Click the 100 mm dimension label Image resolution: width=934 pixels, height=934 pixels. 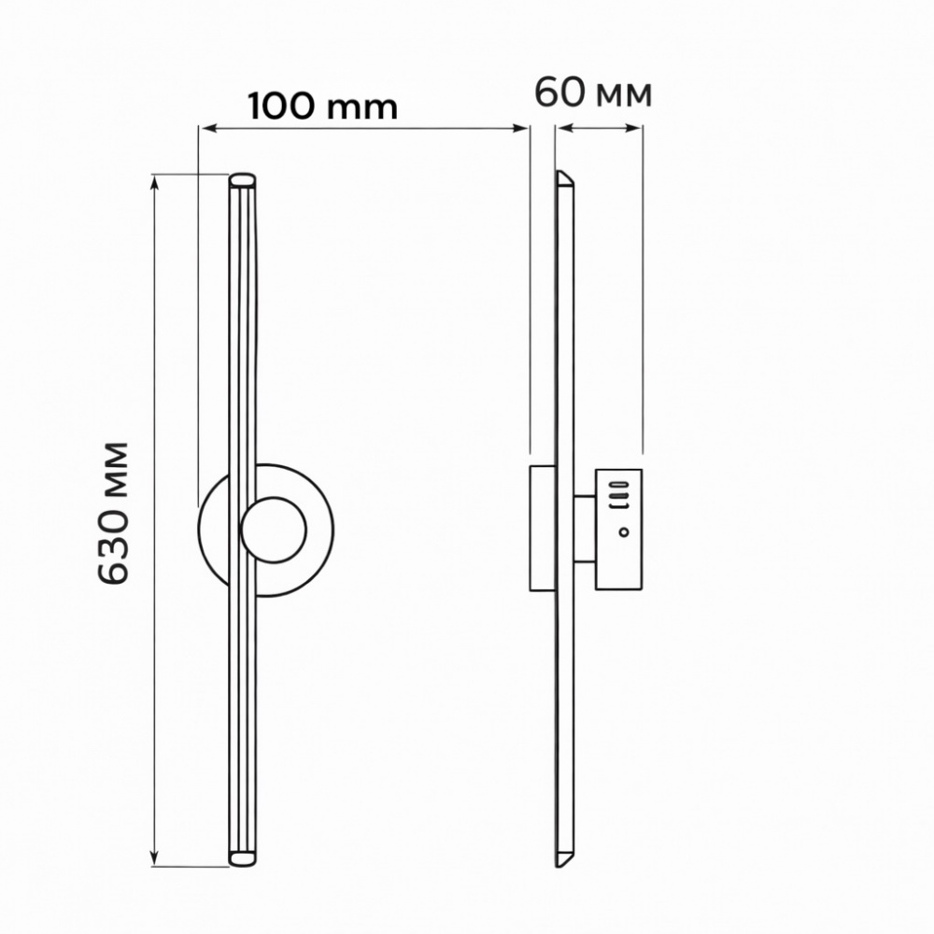coord(323,106)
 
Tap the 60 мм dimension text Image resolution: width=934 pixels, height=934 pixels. coord(593,93)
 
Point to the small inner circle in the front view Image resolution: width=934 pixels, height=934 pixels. coord(274,531)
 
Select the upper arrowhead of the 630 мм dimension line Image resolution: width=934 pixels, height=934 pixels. coord(155,180)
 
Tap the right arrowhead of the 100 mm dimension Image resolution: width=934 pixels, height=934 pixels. coord(522,128)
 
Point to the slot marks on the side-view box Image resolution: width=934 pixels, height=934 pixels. coord(620,493)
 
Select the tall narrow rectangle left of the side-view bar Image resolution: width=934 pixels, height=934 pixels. coord(542,528)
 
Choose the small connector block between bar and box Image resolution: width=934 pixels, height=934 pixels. coord(586,529)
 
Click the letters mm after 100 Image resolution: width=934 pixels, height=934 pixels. coord(366,108)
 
